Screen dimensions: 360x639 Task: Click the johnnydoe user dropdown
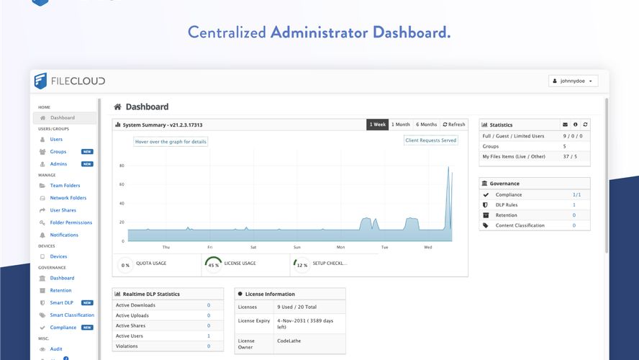(x=573, y=81)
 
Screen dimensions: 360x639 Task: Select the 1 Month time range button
(x=401, y=125)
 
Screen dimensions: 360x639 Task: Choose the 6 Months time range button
(x=426, y=125)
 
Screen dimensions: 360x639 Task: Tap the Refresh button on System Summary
(x=454, y=125)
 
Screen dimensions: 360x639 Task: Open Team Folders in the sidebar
(x=65, y=186)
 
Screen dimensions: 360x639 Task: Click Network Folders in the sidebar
(x=68, y=198)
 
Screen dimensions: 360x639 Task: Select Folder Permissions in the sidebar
(x=71, y=222)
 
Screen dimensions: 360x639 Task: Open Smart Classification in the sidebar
(x=72, y=315)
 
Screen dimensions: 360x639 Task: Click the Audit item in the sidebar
(x=56, y=349)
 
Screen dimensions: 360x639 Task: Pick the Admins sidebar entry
(x=58, y=164)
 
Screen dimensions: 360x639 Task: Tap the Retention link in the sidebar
(x=60, y=290)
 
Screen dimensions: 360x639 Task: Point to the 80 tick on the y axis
(x=122, y=166)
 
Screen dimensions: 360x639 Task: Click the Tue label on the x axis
(x=384, y=247)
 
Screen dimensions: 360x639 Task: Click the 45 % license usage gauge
(x=213, y=264)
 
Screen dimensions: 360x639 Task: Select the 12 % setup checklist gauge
(x=302, y=264)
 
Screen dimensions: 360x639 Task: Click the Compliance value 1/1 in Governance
(x=576, y=195)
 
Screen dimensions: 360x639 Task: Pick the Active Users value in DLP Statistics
(x=209, y=336)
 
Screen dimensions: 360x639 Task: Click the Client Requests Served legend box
(x=430, y=140)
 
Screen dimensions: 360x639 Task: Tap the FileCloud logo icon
(x=41, y=81)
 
